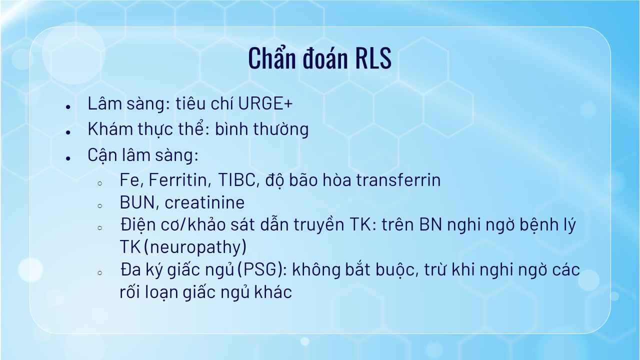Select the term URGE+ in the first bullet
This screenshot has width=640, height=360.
[265, 103]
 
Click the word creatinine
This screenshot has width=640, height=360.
[204, 202]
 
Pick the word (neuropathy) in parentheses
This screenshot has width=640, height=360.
[195, 247]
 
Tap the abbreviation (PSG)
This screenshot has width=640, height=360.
[262, 269]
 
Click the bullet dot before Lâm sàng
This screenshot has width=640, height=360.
[68, 107]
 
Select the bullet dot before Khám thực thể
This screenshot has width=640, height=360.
[68, 132]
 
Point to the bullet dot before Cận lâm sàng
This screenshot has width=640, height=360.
[68, 158]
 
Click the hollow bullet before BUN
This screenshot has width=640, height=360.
[99, 205]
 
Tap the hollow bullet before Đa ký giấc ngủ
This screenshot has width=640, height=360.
[99, 273]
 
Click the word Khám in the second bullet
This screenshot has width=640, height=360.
[110, 129]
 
